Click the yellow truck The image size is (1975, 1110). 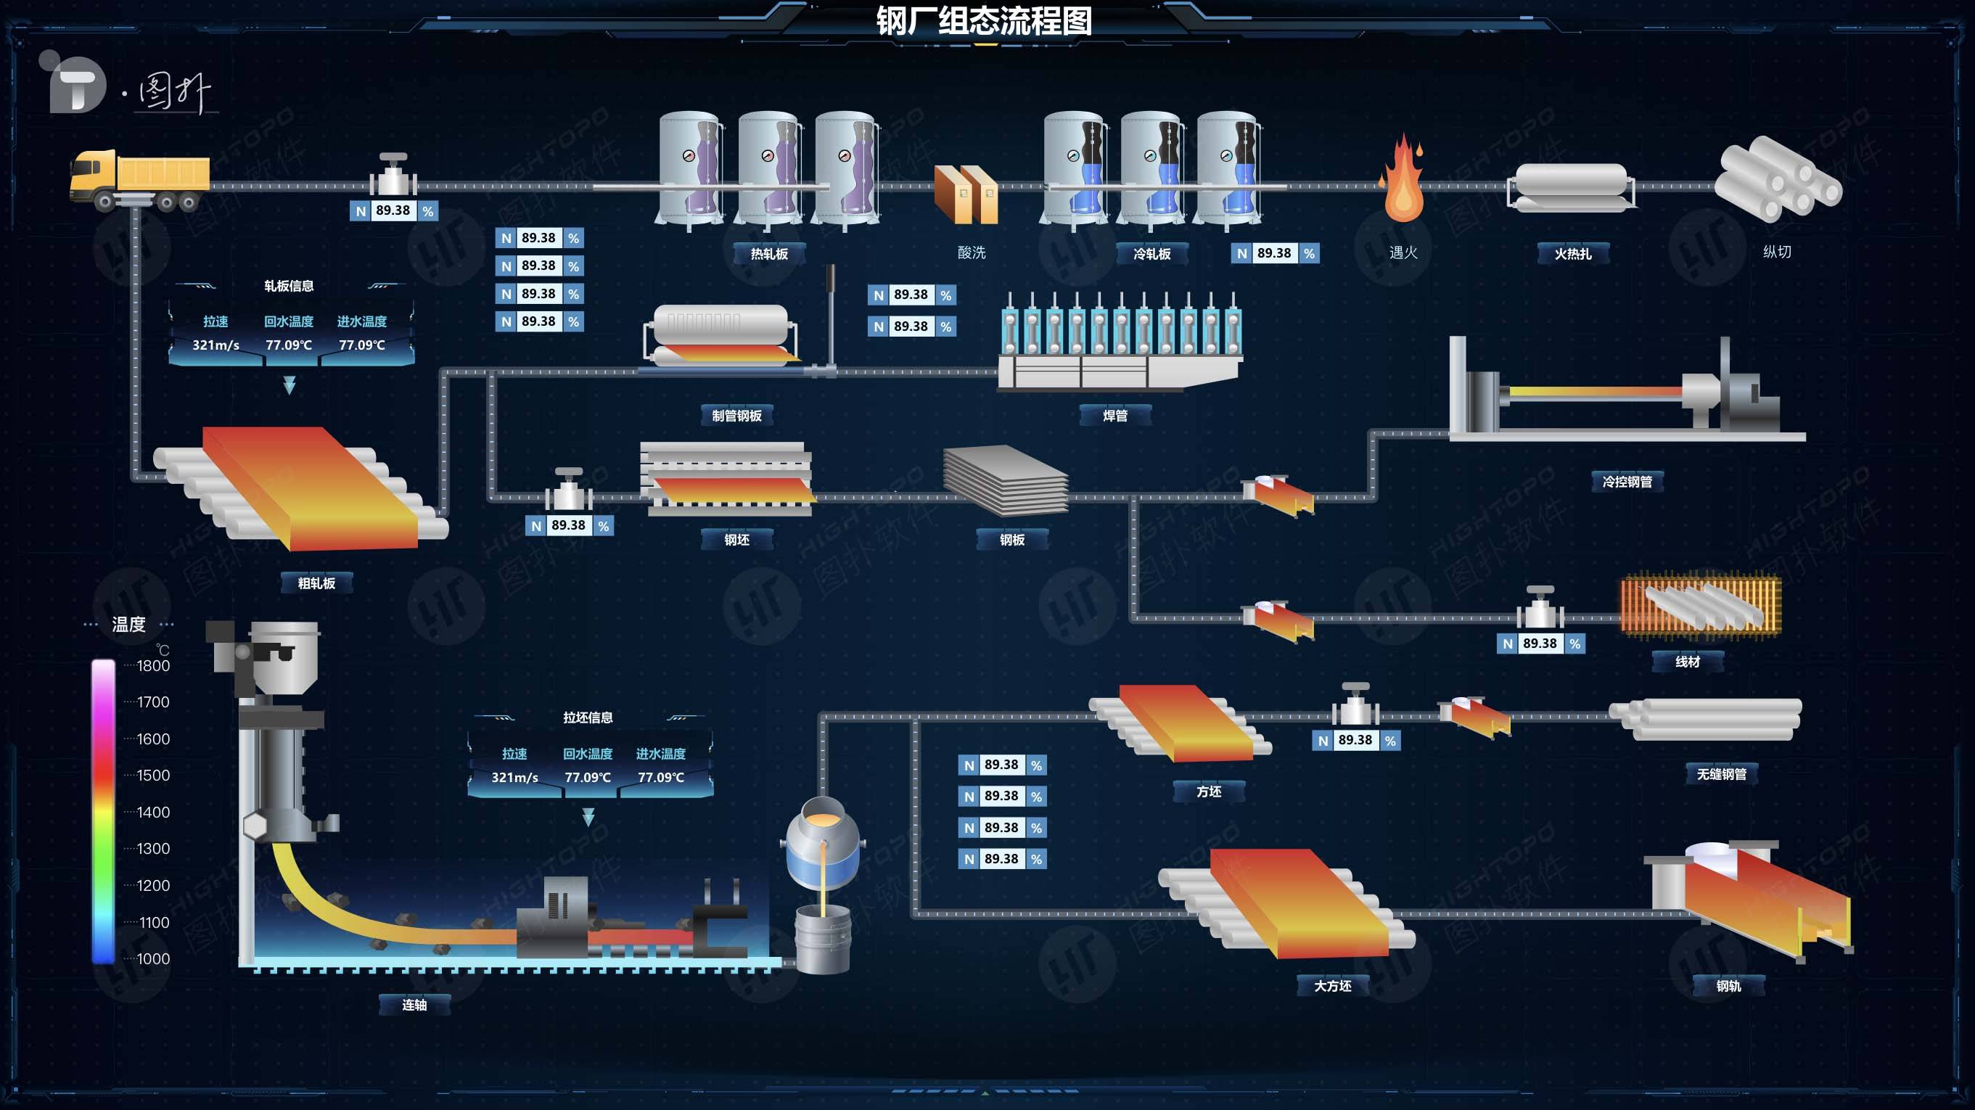[x=139, y=179]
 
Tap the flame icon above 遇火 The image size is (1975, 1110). [x=1403, y=180]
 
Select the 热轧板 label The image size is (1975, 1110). [x=769, y=254]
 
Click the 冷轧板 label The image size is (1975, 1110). [x=1151, y=254]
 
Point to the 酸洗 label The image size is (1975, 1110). [x=972, y=252]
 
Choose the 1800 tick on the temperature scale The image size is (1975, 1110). [x=152, y=665]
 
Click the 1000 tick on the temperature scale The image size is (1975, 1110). [x=152, y=958]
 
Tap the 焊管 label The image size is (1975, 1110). [x=1114, y=416]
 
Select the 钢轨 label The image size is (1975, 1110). [x=1728, y=986]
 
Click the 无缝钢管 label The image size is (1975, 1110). [x=1721, y=774]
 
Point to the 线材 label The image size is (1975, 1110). [x=1688, y=662]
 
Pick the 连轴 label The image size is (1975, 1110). [x=414, y=1005]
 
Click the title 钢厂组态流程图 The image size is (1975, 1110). [x=985, y=21]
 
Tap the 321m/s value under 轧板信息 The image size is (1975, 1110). [x=215, y=345]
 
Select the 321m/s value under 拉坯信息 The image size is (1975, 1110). [x=514, y=777]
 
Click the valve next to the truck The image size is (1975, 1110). [x=393, y=176]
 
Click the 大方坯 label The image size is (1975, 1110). [x=1333, y=986]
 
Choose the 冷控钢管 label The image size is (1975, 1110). [x=1627, y=482]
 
